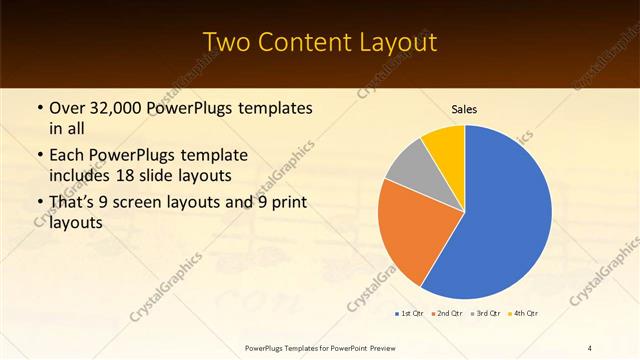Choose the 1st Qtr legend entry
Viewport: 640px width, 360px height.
pos(409,314)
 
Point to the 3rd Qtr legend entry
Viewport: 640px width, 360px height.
pos(485,314)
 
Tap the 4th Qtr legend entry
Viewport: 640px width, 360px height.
pos(524,314)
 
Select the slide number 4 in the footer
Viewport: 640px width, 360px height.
pos(590,348)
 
